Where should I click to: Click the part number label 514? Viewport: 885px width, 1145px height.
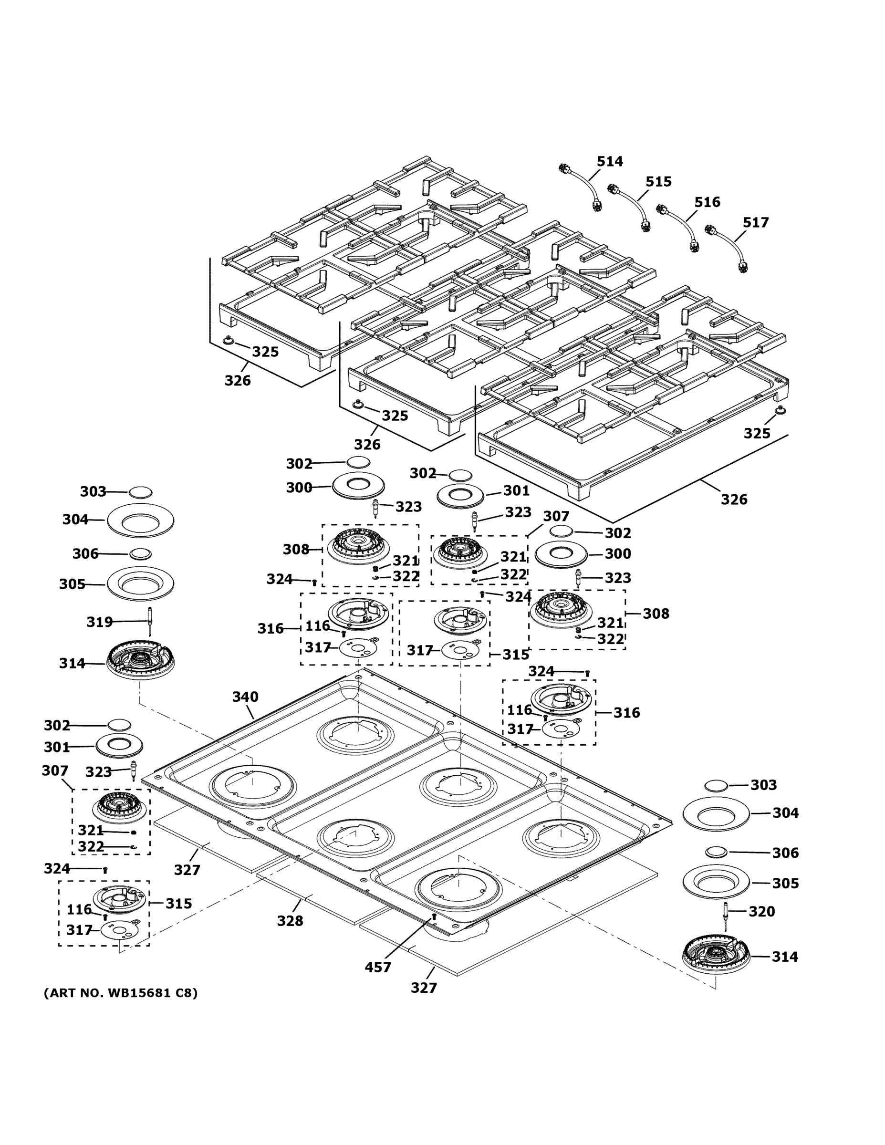coord(610,161)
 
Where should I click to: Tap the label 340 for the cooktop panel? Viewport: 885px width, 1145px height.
coord(245,697)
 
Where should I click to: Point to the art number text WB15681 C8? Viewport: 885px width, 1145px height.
coord(121,993)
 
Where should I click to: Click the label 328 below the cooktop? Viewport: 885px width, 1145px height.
coord(290,921)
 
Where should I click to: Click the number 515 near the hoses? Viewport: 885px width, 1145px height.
coord(658,181)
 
